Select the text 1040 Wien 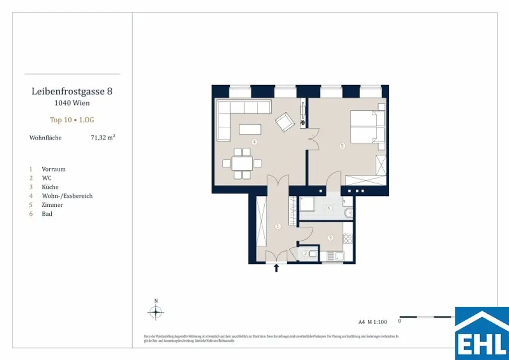pos(72,103)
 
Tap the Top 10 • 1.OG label pos(72,120)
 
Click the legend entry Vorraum pos(53,169)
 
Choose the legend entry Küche pos(50,187)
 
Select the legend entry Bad pos(47,214)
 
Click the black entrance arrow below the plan pos(276,269)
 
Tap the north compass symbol pos(156,312)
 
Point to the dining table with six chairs pos(242,163)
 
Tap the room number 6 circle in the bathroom pos(329,208)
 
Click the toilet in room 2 pos(313,254)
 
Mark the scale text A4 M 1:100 pos(372,322)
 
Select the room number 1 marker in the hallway pos(278,226)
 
